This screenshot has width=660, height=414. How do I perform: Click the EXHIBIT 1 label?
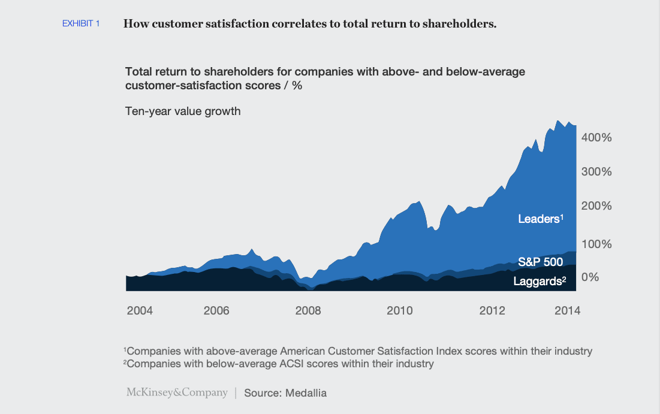81,24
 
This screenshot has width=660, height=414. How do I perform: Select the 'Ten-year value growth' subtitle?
183,111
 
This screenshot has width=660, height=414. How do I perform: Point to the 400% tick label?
596,137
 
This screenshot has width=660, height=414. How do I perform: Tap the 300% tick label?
596,171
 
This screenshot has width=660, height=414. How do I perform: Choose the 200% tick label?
596,206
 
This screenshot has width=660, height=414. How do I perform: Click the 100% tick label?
596,244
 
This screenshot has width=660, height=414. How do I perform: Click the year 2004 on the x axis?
140,310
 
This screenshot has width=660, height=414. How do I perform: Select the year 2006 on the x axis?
216,310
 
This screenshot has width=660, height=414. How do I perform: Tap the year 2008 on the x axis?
308,310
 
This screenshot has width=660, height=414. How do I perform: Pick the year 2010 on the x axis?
399,310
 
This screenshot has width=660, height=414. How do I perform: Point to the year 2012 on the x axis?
492,310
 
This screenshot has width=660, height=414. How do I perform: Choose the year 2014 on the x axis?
568,310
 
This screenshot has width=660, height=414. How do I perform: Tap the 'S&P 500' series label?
540,262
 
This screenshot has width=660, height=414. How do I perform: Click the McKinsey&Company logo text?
177,393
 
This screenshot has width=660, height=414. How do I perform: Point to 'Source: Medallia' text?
285,393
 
